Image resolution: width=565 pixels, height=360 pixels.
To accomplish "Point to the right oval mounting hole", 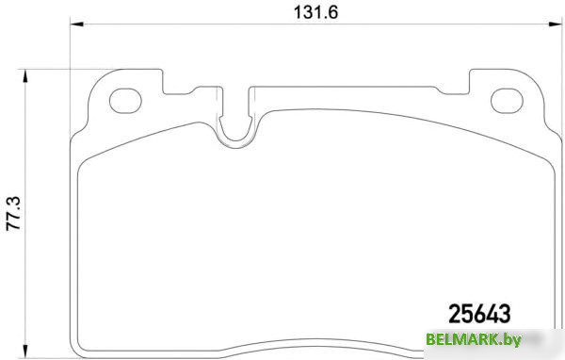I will point(508,98).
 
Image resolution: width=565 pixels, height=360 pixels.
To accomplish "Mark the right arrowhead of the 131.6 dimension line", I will point(556,27).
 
